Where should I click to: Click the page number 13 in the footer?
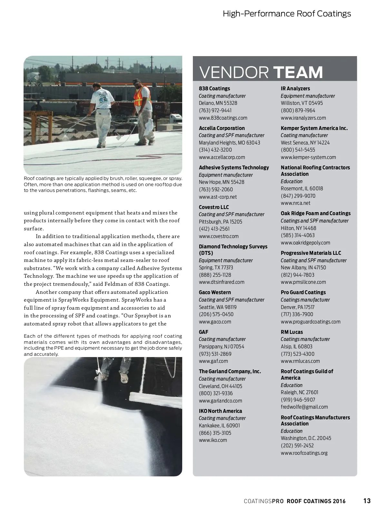367,501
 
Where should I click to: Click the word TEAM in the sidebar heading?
298,72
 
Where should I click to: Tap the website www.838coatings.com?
223,118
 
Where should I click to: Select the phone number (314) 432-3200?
215,150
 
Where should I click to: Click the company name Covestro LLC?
214,207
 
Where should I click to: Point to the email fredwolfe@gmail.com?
304,407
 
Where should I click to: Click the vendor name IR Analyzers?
295,88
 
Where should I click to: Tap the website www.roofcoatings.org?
304,453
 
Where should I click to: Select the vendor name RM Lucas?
292,332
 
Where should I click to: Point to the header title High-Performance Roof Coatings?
287,14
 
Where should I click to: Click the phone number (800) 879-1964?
298,110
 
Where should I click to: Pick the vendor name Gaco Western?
215,292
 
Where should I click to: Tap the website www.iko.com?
213,440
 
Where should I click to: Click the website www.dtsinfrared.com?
222,282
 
